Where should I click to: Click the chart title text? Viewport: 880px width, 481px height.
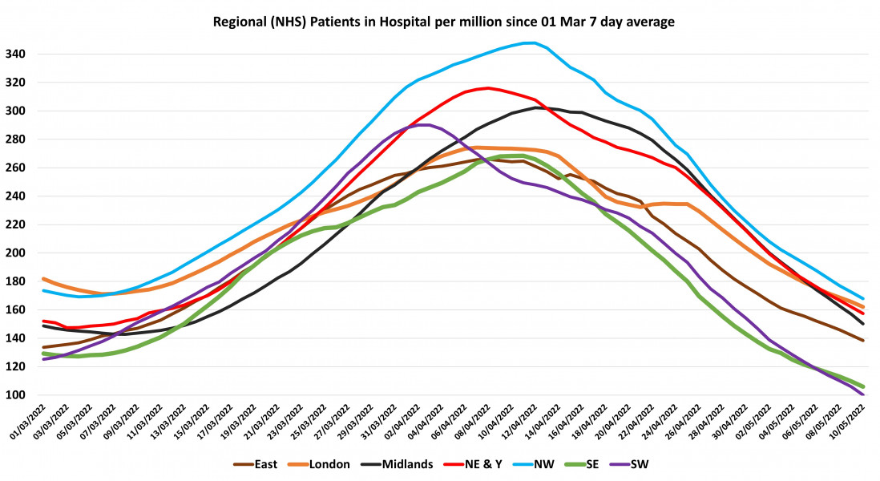[x=442, y=22]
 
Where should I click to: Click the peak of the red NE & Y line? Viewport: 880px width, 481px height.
[x=487, y=88]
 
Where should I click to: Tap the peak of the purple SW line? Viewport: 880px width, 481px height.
[x=428, y=124]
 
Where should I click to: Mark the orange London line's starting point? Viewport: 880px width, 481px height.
[x=43, y=279]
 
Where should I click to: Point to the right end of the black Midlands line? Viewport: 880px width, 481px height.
[x=863, y=324]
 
